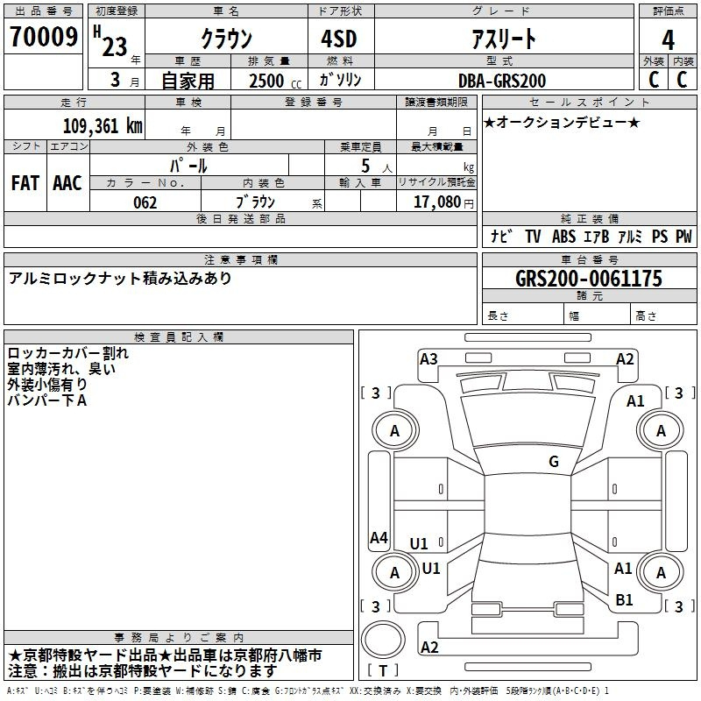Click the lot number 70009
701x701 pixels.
tap(44, 37)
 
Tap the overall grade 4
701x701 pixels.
tap(668, 40)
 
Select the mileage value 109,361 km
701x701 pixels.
tap(103, 125)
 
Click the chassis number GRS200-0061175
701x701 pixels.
tap(589, 279)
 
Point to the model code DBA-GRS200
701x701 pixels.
tap(502, 81)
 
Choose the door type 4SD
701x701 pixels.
tap(339, 39)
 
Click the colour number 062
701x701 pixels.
tap(145, 202)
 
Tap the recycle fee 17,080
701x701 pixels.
tap(436, 202)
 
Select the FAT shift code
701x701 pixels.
tap(25, 183)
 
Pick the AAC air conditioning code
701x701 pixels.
tap(67, 183)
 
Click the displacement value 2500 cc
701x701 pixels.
tap(275, 81)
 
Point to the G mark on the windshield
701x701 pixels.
tap(554, 461)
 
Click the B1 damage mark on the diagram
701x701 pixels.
tap(624, 599)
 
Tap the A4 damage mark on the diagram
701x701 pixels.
tap(379, 537)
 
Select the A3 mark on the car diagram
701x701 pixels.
tap(428, 358)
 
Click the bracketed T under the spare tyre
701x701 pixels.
tap(383, 670)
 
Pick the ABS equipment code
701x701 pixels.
tap(563, 236)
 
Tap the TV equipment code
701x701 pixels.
tap(533, 236)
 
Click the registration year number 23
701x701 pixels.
tap(115, 47)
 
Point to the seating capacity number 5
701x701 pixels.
tap(365, 166)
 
